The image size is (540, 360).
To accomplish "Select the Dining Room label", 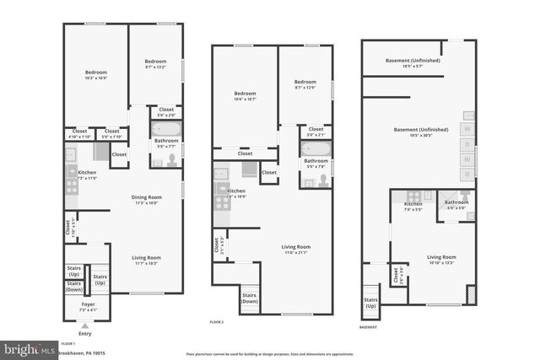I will (146, 198).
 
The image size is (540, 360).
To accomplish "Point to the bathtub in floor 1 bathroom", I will (166, 129).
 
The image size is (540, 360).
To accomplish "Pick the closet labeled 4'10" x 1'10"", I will (79, 134).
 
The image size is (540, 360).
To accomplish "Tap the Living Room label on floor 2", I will (295, 247).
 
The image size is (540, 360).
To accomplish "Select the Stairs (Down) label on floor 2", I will (250, 298).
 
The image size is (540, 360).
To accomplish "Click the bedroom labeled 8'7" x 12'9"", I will (304, 83).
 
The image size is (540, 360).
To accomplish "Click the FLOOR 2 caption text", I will (217, 322).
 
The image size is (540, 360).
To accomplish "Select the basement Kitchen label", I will (413, 205).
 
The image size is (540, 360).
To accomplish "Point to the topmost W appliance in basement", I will (467, 129).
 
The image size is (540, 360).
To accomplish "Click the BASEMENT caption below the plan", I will (368, 327).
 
